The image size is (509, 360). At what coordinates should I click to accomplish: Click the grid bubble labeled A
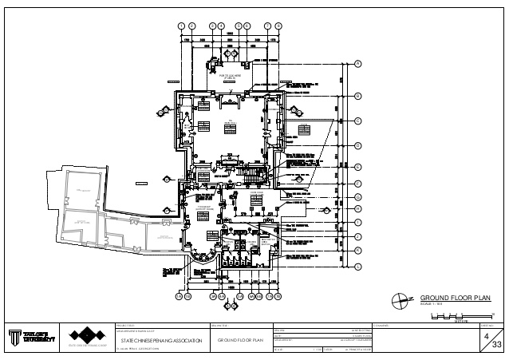tap(358, 63)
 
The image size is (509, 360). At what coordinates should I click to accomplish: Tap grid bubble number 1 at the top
tap(181, 26)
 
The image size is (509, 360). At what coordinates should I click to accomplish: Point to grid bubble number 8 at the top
tap(278, 26)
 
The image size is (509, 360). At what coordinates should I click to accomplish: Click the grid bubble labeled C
tap(358, 121)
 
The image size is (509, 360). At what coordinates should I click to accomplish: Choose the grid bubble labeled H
tap(358, 208)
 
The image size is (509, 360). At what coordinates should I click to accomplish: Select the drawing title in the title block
tap(239, 341)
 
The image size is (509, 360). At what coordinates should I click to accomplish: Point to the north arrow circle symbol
tap(400, 300)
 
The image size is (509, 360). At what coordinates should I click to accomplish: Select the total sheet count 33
tap(495, 345)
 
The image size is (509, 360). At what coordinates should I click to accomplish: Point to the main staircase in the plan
tap(251, 174)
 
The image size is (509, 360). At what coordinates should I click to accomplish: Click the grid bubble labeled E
tap(358, 167)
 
